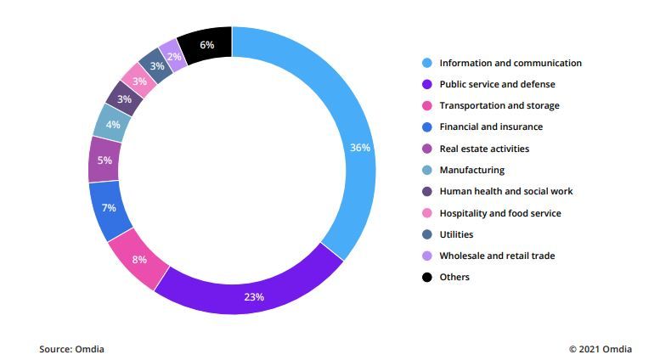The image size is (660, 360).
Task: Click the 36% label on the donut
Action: point(360,148)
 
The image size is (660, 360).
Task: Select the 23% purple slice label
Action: point(254,297)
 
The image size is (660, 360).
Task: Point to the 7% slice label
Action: point(109,208)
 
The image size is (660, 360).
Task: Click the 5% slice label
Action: point(104,160)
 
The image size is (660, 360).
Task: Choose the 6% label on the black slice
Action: point(207,44)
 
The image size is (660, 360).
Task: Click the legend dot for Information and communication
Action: point(427,63)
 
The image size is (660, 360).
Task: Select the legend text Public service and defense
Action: point(497,84)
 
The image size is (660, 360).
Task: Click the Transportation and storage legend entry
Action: point(499,106)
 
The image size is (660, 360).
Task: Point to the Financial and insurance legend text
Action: point(490,127)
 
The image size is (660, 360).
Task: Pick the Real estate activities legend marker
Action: point(427,149)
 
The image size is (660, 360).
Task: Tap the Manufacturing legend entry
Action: point(471,170)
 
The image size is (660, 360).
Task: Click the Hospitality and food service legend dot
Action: point(427,213)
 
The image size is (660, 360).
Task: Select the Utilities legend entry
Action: point(456,234)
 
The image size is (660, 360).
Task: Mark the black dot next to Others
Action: point(427,277)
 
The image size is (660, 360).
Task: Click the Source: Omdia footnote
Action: point(71,349)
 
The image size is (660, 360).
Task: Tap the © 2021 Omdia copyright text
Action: point(601,349)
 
